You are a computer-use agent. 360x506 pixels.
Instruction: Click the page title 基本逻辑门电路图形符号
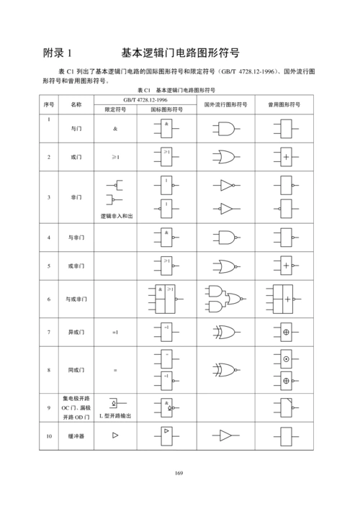click(180, 53)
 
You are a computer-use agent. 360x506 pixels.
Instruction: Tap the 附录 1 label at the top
click(58, 53)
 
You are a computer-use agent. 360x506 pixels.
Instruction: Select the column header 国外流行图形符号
click(226, 104)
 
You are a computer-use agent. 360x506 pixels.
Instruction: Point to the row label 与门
click(76, 129)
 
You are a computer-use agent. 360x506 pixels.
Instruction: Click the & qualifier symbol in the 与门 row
click(115, 129)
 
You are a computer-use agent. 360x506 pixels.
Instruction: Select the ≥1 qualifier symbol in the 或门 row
click(115, 156)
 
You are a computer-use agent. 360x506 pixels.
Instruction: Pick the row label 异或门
click(76, 333)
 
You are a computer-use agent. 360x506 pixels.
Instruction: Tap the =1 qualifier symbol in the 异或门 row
click(115, 333)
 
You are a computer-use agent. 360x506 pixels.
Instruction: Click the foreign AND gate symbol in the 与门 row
click(225, 129)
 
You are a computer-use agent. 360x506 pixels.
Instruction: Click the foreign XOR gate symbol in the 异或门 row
click(225, 333)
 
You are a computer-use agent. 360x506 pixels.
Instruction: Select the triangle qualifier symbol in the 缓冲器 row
click(115, 435)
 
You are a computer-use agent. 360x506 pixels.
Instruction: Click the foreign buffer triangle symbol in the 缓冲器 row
click(225, 436)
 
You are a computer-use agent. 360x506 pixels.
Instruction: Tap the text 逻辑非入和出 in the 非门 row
click(115, 215)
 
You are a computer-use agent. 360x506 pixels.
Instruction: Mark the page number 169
click(180, 472)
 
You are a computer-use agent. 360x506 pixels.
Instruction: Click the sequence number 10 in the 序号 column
click(49, 435)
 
